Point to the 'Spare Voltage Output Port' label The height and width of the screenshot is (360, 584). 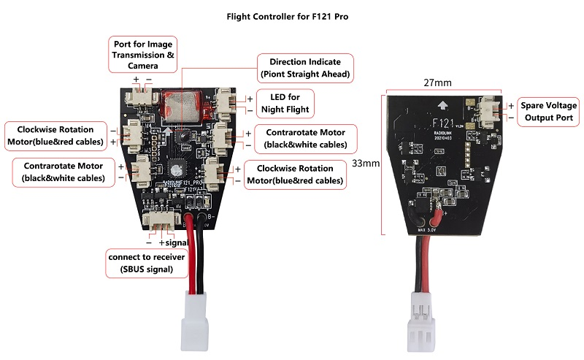[548, 111]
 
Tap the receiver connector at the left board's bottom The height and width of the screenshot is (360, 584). [156, 221]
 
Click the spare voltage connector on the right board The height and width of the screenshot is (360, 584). [488, 110]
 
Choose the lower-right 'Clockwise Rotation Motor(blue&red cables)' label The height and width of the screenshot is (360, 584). [295, 175]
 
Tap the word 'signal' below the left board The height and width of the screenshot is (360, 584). [178, 242]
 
